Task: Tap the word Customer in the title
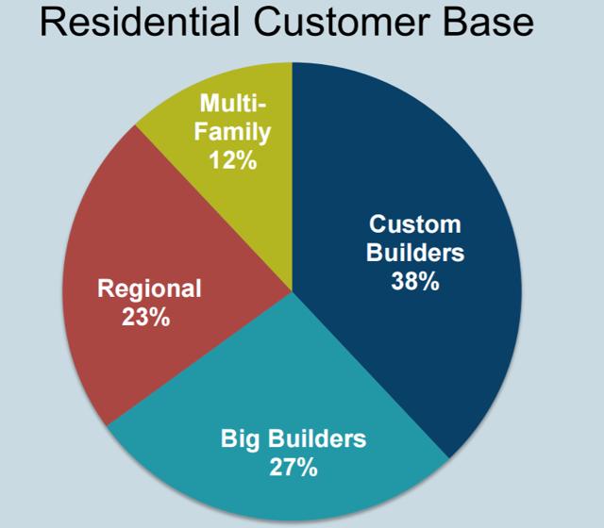(x=342, y=22)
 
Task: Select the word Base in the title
(x=489, y=22)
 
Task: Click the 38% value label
(x=415, y=281)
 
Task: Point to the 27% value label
(x=294, y=468)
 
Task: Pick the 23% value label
(x=146, y=317)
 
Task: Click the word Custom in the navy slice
(x=415, y=224)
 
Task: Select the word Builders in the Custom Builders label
(x=415, y=253)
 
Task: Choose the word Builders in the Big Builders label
(x=317, y=437)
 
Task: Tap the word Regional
(x=149, y=289)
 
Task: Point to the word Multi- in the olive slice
(x=233, y=103)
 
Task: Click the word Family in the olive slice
(x=233, y=133)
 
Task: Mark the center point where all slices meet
(x=292, y=291)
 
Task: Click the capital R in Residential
(x=51, y=22)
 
